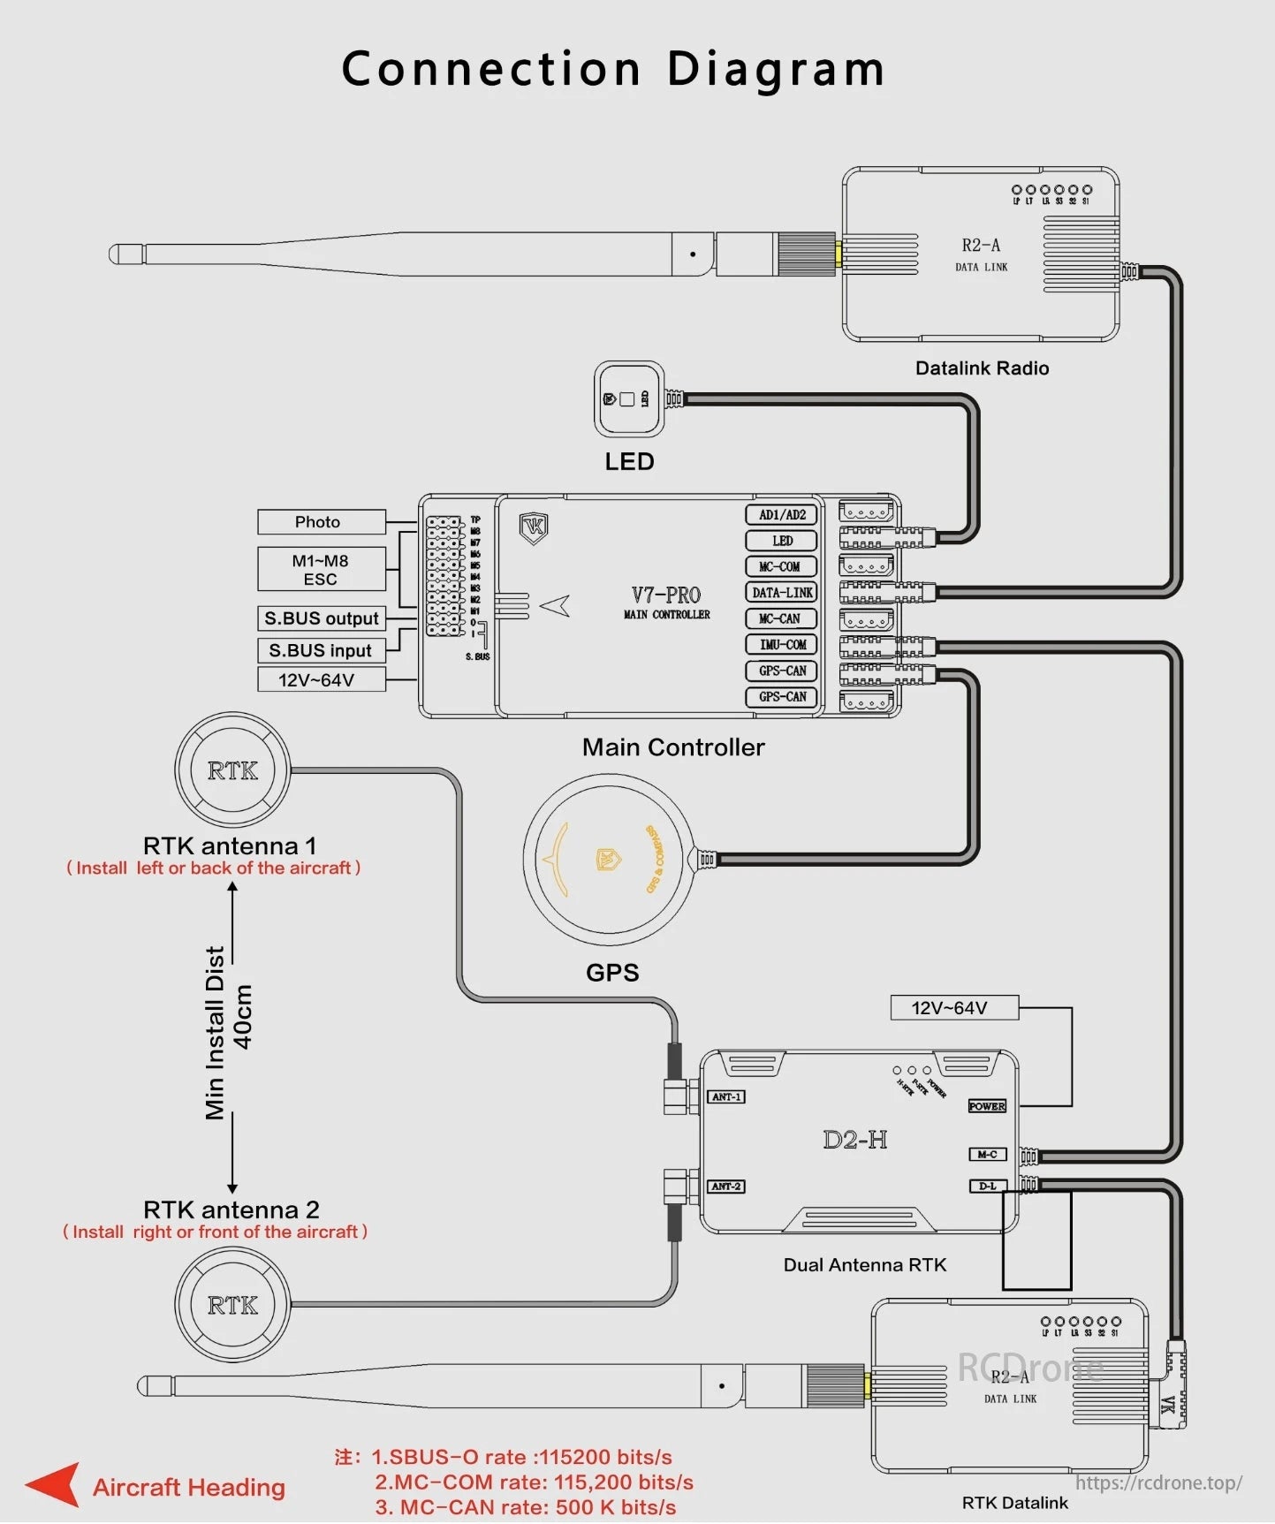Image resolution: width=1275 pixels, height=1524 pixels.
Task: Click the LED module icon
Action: coord(629,399)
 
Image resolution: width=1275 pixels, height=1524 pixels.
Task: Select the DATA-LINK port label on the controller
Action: coord(782,593)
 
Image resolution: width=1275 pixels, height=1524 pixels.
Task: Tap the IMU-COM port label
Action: coord(782,645)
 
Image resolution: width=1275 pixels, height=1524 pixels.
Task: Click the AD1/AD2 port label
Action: coord(782,515)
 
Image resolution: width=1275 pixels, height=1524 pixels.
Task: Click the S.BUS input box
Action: coord(321,650)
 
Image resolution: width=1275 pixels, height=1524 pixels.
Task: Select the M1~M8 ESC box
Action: coord(322,570)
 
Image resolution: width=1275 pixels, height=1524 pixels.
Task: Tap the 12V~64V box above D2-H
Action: coord(953,1008)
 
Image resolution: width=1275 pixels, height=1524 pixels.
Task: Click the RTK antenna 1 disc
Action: coord(232,770)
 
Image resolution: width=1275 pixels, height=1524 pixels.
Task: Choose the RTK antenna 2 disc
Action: coord(232,1305)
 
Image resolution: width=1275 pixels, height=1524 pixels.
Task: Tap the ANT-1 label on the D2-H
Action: coord(726,1097)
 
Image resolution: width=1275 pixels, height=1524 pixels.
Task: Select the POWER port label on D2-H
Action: coord(987,1106)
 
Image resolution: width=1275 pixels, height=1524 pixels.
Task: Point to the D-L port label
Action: coord(987,1187)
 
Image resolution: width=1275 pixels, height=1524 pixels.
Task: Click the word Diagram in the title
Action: coord(775,69)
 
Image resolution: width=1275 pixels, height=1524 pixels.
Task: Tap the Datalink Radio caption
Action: coord(982,368)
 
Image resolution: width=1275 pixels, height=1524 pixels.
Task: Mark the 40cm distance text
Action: coord(243,1016)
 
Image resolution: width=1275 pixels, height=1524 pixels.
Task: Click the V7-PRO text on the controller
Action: coord(666,595)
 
